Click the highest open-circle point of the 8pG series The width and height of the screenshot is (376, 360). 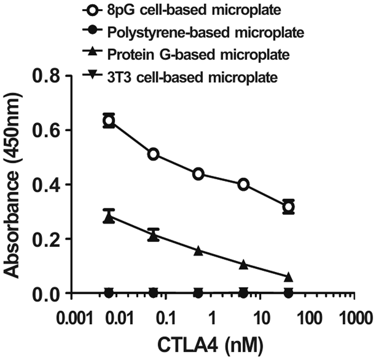click(109, 121)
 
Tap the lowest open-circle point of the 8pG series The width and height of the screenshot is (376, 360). click(288, 207)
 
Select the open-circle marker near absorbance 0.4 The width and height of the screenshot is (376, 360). click(244, 184)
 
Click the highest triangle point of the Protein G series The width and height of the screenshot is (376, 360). click(109, 217)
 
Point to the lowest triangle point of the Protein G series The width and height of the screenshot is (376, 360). click(288, 277)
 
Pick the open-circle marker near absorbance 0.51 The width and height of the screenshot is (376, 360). click(154, 154)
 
